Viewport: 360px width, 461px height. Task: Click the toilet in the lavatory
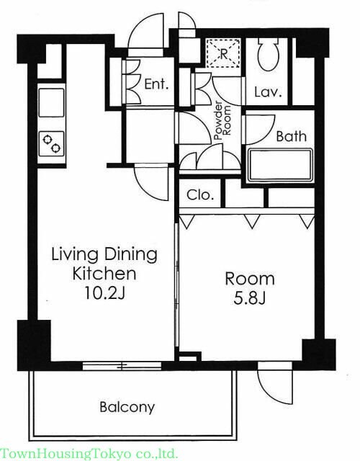click(268, 54)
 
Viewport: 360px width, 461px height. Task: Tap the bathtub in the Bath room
click(280, 165)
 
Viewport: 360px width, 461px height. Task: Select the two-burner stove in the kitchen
click(52, 144)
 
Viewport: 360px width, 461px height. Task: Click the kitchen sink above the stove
click(51, 102)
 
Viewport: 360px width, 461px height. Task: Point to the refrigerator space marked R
click(223, 53)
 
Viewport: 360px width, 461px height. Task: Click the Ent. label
click(157, 85)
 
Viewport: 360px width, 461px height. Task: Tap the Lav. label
click(268, 92)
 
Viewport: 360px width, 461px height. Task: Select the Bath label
click(291, 136)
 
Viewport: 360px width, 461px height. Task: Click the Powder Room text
click(222, 120)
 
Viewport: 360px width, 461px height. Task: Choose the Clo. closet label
click(200, 194)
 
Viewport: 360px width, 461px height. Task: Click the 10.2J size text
click(105, 293)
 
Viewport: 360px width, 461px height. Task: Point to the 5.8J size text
click(250, 299)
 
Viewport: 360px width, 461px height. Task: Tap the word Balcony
click(127, 408)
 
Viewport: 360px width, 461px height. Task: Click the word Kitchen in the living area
click(104, 274)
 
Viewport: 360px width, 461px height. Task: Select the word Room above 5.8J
click(250, 279)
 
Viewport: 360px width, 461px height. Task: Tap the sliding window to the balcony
click(122, 366)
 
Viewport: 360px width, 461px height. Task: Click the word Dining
click(131, 254)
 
